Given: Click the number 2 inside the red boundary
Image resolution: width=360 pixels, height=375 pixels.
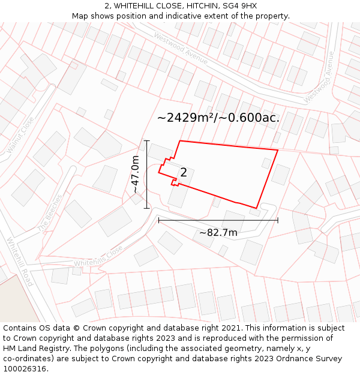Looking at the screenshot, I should [184, 173].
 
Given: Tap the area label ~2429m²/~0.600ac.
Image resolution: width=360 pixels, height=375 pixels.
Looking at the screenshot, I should [218, 118].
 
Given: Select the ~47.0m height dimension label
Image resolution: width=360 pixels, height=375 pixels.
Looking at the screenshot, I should [136, 174].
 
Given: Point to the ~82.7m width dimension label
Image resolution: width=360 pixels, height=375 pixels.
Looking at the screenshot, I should [218, 232].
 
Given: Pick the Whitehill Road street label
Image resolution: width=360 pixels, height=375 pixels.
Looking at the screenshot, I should [20, 262].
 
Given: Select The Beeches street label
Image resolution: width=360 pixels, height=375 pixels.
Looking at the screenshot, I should [50, 213].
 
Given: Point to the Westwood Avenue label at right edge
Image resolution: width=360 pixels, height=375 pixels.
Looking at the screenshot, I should [319, 77].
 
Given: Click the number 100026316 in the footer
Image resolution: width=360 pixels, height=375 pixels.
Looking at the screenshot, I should [25, 368].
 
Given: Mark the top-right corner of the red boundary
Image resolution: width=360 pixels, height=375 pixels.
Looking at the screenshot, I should [278, 150].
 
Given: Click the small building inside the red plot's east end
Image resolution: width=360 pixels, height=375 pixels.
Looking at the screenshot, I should [266, 163].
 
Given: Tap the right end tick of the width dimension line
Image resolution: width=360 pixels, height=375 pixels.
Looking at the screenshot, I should [278, 220].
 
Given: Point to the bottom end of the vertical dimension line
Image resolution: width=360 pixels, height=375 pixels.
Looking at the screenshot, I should [147, 208].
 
